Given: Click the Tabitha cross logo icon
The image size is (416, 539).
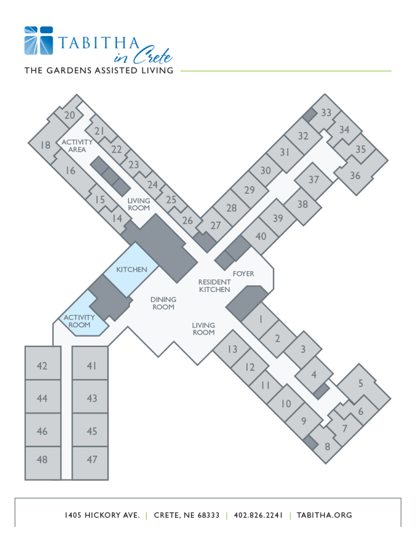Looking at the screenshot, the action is [x=38, y=41].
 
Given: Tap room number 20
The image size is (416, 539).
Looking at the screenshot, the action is [x=69, y=115].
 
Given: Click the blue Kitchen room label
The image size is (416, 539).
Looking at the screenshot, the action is [x=131, y=269].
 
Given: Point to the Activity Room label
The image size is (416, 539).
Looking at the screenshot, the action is [x=79, y=321].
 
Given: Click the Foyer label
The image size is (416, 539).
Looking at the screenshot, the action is [x=243, y=274].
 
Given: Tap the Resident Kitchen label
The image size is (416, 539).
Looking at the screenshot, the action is [x=215, y=286].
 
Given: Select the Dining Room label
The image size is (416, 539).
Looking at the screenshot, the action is [x=163, y=303].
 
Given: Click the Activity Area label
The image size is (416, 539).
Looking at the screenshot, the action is [x=77, y=146].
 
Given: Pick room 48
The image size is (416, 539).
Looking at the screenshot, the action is [x=42, y=460].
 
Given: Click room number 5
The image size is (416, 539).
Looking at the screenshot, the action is [x=360, y=383].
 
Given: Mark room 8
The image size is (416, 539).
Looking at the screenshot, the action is [x=327, y=446].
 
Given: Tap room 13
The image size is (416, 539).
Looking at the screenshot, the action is [x=232, y=350].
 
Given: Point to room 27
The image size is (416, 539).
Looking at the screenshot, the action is [x=216, y=225].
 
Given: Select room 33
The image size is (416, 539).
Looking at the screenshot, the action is [x=326, y=113].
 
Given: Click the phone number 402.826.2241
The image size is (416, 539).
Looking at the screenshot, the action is [x=258, y=515].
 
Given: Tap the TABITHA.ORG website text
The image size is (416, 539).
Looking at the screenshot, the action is [x=324, y=515].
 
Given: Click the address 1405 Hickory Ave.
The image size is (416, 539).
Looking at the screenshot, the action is [x=103, y=515].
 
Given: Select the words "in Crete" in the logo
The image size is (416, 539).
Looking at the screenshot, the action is [x=143, y=55].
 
